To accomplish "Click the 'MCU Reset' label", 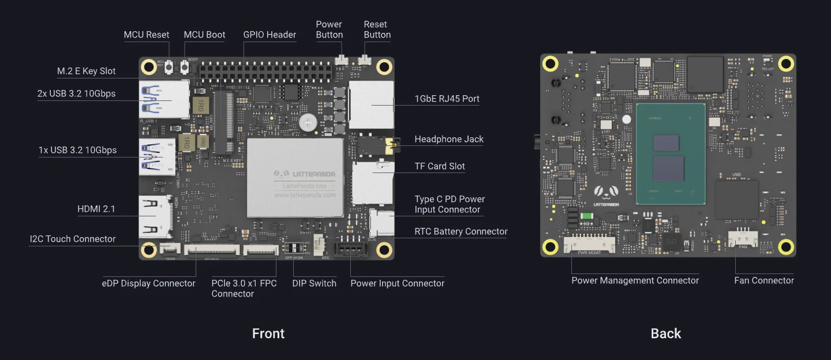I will (x=147, y=35).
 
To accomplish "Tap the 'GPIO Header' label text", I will (x=269, y=35).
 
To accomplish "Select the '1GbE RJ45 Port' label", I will (x=447, y=99).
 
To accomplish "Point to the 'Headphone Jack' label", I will (x=449, y=139).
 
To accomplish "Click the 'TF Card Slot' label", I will (x=440, y=166).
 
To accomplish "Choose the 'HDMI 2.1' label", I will (x=96, y=209).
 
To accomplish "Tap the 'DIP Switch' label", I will (x=314, y=283).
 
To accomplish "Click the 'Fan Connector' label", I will (x=764, y=280).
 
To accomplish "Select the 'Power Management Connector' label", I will (x=635, y=280).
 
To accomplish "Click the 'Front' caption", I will (x=268, y=333).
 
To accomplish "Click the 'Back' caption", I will (x=666, y=333).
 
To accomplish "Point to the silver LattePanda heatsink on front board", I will (x=295, y=177).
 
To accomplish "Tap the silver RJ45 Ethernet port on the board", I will (x=371, y=104).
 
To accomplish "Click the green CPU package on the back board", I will (x=671, y=154).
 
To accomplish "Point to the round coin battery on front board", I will (x=308, y=121).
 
